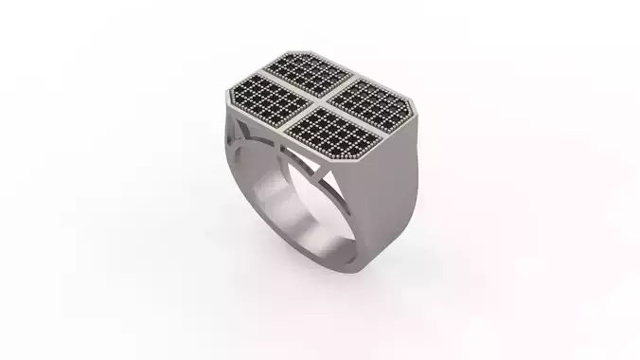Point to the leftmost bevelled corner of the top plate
[227, 95]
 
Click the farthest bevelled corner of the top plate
[303, 52]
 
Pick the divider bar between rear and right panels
[346, 83]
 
